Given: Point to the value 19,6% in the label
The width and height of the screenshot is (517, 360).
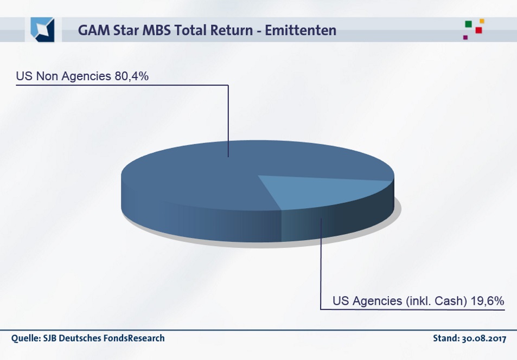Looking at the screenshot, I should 488,301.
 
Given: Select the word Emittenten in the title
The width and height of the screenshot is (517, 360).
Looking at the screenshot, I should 301,30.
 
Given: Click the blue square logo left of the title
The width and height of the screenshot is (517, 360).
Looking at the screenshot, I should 42,29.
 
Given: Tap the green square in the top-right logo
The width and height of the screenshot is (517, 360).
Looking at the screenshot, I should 468,24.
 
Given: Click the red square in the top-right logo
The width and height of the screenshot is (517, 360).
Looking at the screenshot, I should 478,30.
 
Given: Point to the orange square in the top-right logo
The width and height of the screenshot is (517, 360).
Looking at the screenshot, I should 482,21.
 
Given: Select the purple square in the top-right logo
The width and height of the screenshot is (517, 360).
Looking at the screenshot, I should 465,37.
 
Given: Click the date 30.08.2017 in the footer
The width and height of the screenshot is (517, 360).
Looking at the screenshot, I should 484,339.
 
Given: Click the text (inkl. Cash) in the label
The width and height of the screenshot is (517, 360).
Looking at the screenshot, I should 436,301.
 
